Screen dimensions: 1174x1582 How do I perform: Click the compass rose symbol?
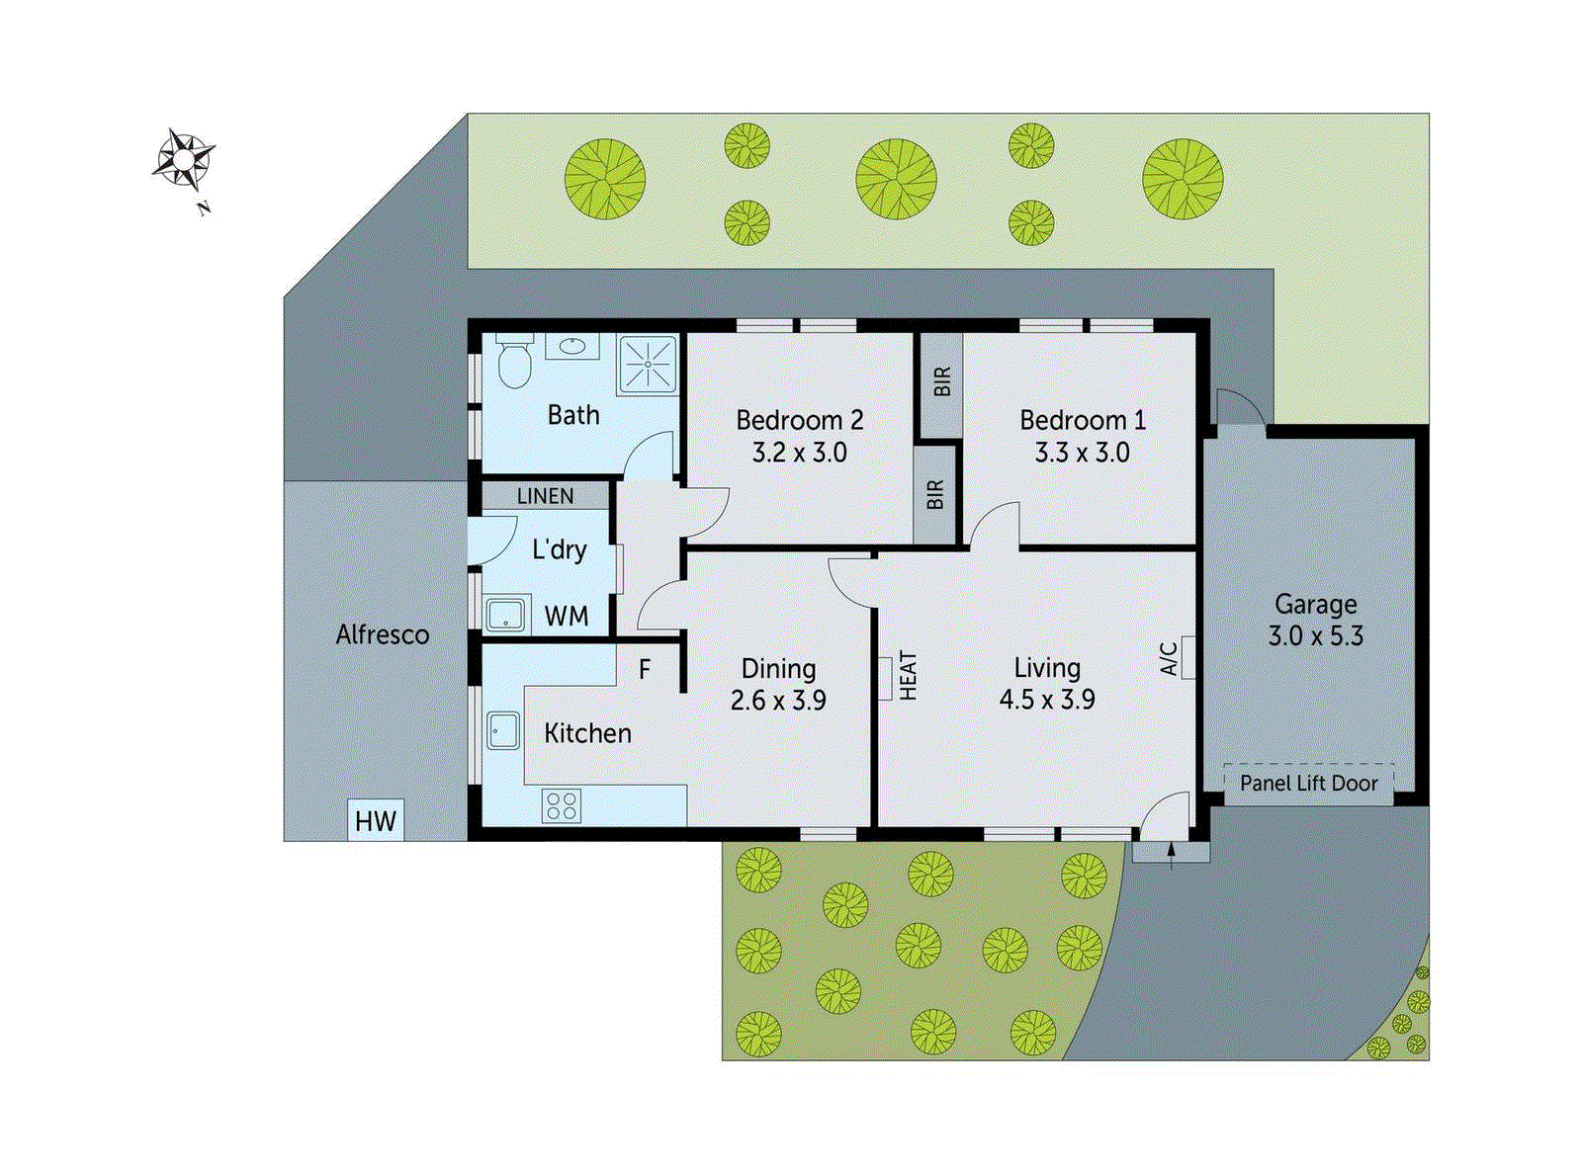(184, 158)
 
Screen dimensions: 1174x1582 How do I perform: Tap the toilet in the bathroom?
(513, 364)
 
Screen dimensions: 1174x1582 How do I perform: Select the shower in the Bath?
(649, 364)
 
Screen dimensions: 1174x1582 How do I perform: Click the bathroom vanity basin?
(572, 347)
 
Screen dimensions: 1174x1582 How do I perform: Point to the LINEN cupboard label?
(545, 496)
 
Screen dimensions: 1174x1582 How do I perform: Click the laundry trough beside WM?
(505, 616)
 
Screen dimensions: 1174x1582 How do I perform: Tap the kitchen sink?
(503, 731)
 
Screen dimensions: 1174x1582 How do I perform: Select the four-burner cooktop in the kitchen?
(562, 805)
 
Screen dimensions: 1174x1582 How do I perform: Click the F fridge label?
(645, 670)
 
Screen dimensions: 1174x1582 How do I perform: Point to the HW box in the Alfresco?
(376, 821)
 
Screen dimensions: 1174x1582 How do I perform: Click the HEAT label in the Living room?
(909, 676)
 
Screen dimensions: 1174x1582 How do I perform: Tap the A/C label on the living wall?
(1169, 658)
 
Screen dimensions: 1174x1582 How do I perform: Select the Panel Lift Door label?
(1308, 784)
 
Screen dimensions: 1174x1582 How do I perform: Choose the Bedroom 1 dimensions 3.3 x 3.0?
(1082, 453)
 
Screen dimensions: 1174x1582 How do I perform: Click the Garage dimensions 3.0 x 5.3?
(1315, 635)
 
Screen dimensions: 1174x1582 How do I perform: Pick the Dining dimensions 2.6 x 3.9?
(778, 701)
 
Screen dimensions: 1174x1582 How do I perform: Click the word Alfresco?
(383, 634)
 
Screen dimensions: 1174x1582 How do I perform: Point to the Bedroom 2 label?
(800, 420)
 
